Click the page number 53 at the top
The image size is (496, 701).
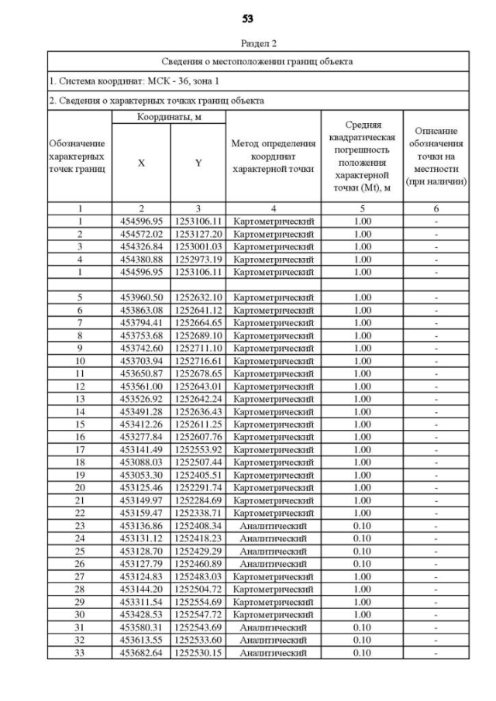pyautogui.click(x=248, y=18)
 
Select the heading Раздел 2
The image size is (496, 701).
pyautogui.click(x=248, y=44)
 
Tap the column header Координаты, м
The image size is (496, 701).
pyautogui.click(x=168, y=116)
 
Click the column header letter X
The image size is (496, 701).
pyautogui.click(x=141, y=163)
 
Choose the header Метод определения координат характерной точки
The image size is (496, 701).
pyautogui.click(x=273, y=157)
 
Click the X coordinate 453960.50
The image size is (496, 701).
pyautogui.click(x=141, y=297)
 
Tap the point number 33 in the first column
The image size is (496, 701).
pyautogui.click(x=80, y=653)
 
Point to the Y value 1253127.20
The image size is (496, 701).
pyautogui.click(x=198, y=233)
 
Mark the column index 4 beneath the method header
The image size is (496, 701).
pyautogui.click(x=273, y=208)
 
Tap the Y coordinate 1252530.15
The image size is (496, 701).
pyautogui.click(x=198, y=653)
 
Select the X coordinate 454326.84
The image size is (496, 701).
pyautogui.click(x=141, y=246)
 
